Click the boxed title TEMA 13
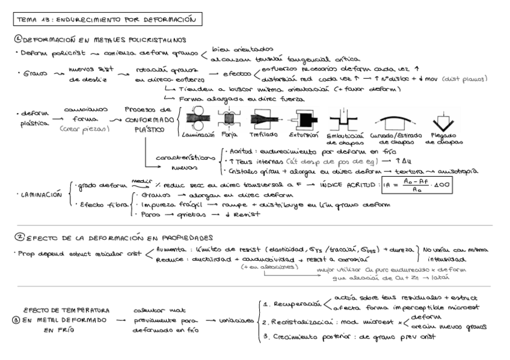click(107, 20)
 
